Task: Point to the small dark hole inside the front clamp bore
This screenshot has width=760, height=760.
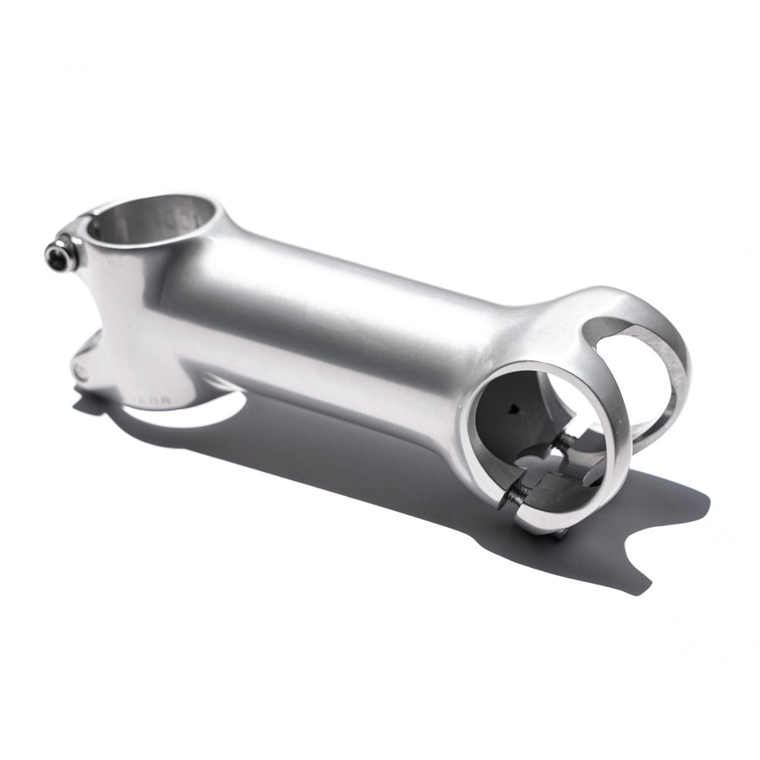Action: [x=514, y=409]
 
